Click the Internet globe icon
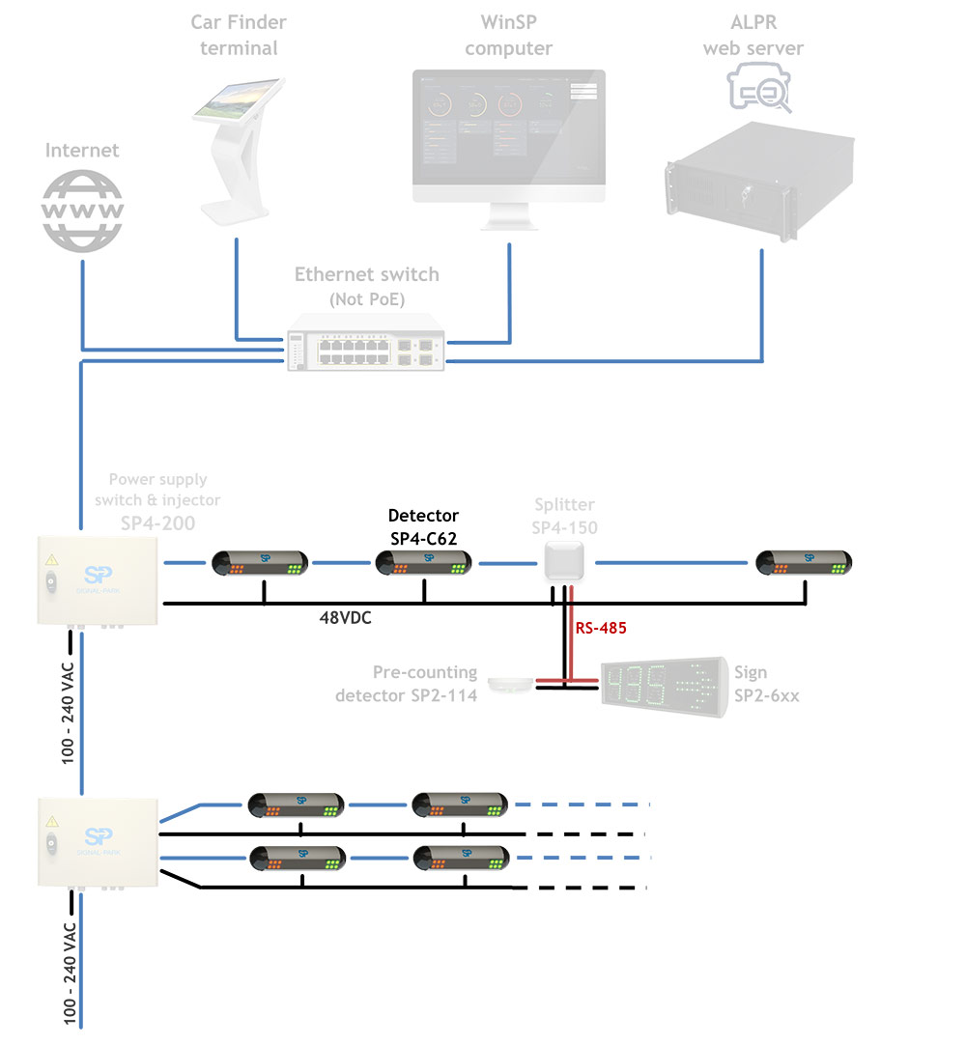click(x=82, y=210)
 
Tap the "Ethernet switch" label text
click(x=366, y=275)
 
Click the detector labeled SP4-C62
click(x=423, y=562)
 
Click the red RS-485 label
click(x=601, y=628)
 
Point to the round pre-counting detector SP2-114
click(x=509, y=685)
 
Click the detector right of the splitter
click(x=804, y=562)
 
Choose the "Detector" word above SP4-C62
click(x=423, y=516)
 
